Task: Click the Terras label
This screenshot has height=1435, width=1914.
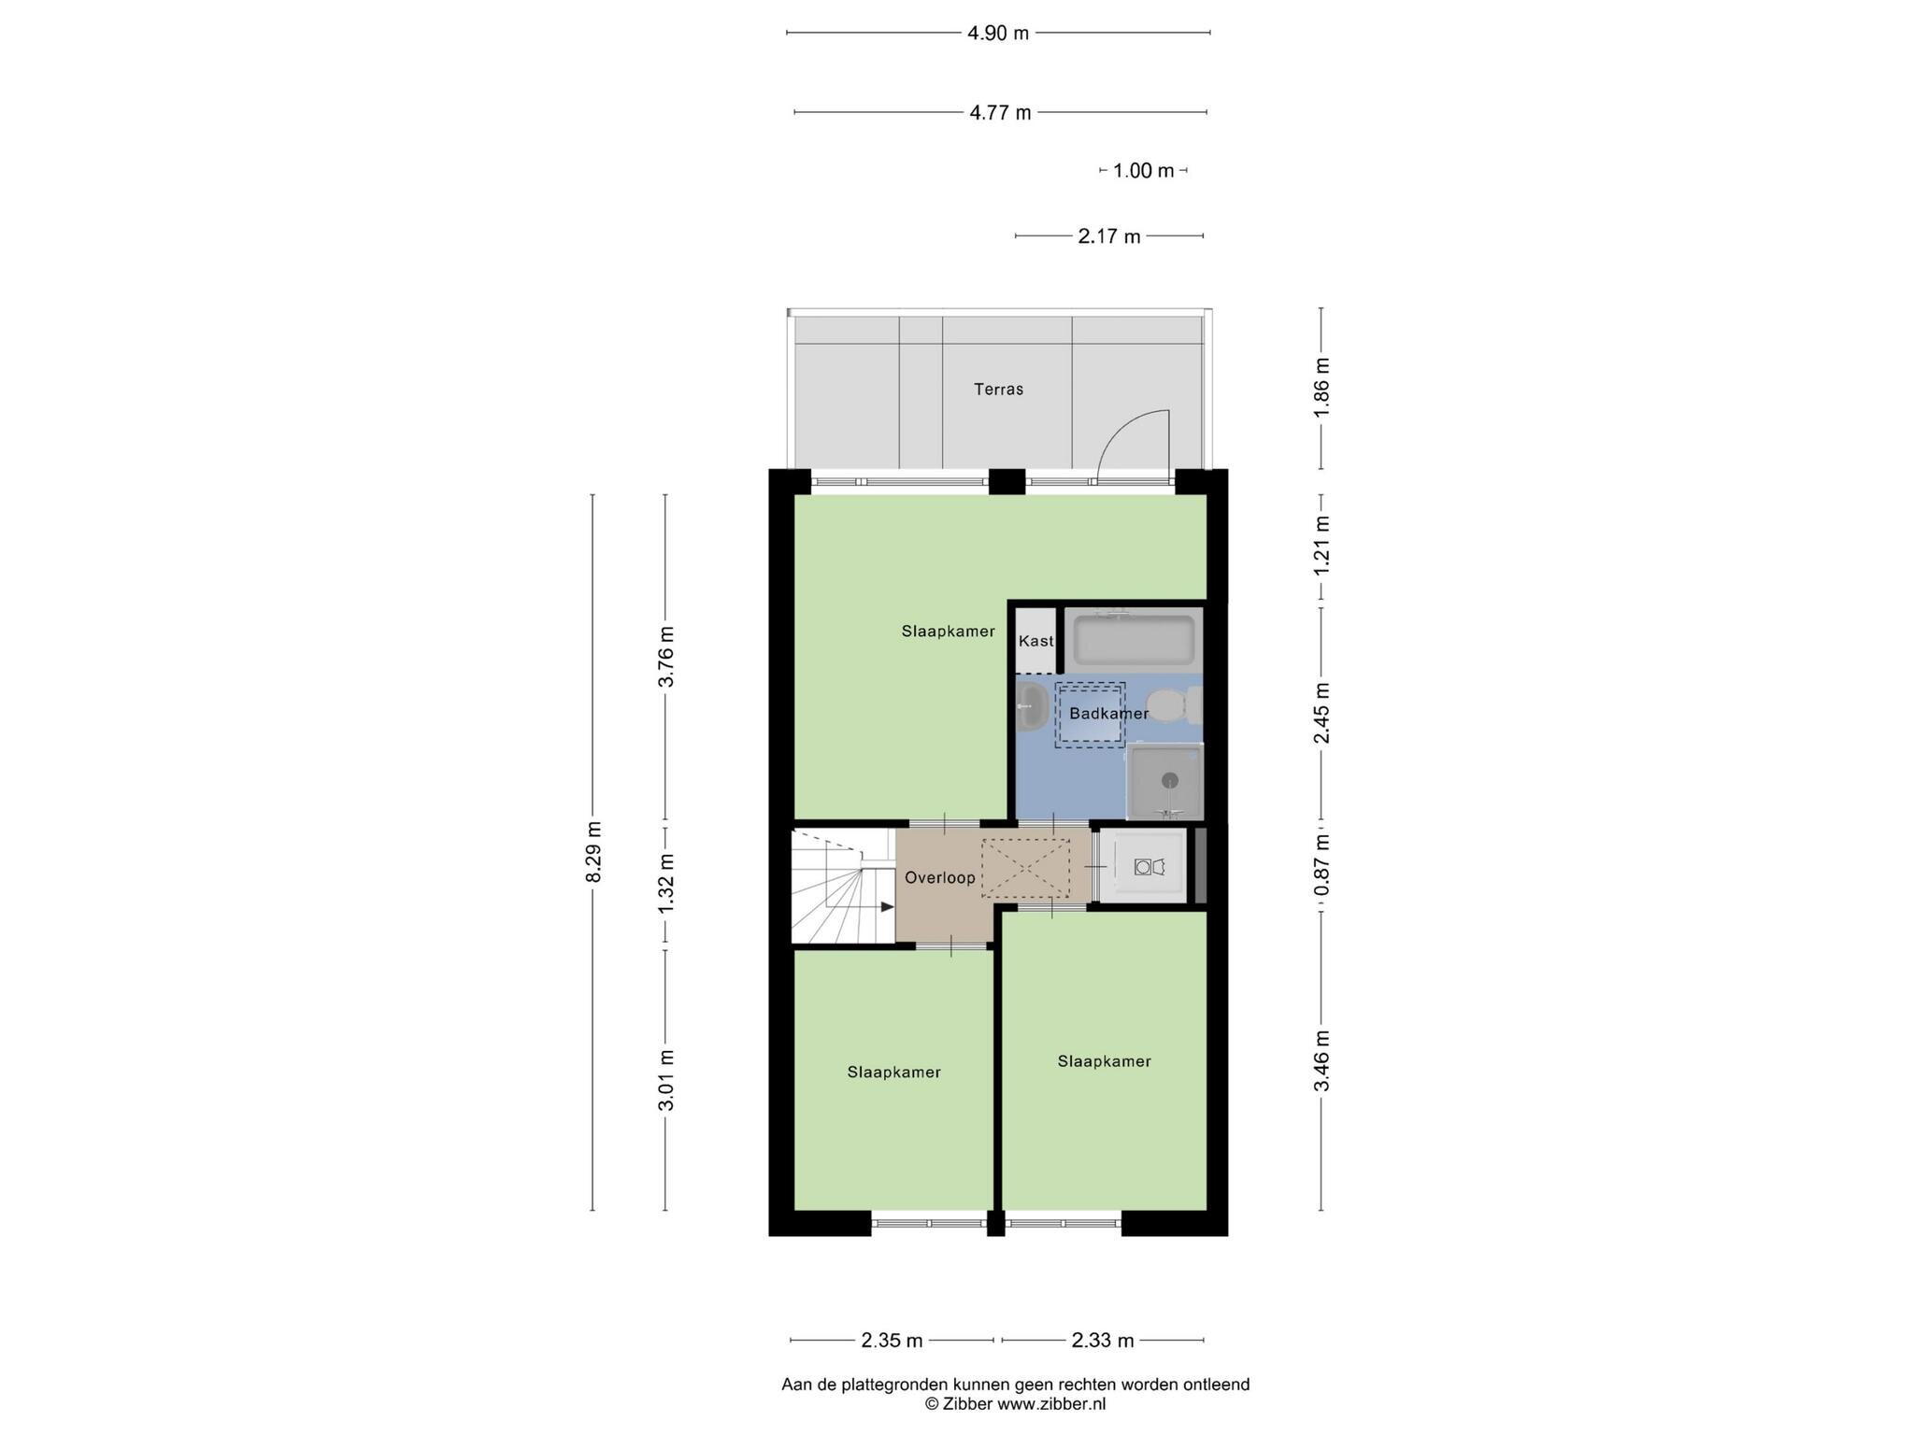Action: [998, 390]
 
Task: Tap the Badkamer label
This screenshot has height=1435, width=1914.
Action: [1109, 714]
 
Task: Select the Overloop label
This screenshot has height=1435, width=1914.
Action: [939, 878]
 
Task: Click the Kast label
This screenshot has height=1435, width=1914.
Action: [1036, 641]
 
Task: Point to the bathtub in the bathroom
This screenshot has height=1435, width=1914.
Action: [1134, 639]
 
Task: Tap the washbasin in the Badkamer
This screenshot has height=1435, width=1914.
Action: [1032, 706]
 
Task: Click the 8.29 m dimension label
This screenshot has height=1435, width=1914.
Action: [593, 851]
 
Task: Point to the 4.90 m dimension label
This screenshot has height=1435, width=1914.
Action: [998, 34]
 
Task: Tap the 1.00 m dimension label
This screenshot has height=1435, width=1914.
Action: [1143, 171]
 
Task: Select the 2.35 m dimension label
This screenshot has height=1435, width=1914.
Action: [892, 1341]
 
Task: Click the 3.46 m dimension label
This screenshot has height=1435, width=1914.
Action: [1321, 1060]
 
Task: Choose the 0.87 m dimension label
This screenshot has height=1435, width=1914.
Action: [1321, 864]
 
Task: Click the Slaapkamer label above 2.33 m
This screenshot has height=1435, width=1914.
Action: [1104, 1061]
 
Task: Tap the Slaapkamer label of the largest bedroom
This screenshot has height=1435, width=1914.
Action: [948, 632]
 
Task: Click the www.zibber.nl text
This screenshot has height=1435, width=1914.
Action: [1051, 1403]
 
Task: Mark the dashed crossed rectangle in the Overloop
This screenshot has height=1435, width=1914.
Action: [1025, 868]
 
